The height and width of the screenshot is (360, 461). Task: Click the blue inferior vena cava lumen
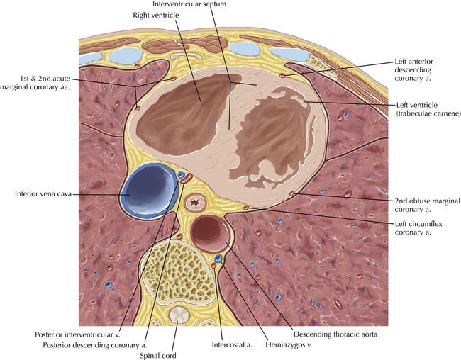[150, 188]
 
